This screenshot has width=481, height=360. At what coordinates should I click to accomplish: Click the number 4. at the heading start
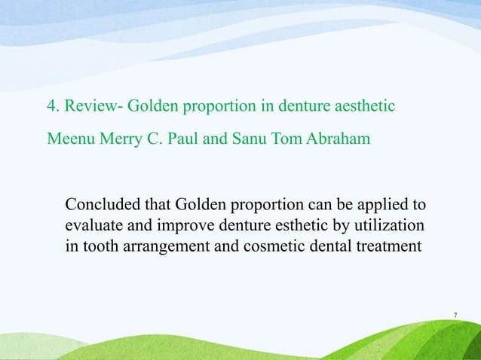coord(53,106)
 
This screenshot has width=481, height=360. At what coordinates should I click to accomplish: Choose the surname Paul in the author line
coord(177,139)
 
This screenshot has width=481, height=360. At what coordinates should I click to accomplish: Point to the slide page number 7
coord(456,314)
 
